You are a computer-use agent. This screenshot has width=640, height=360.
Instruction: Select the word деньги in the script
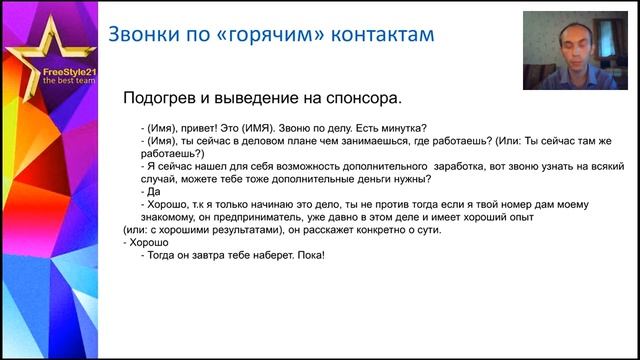pos(356,178)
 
